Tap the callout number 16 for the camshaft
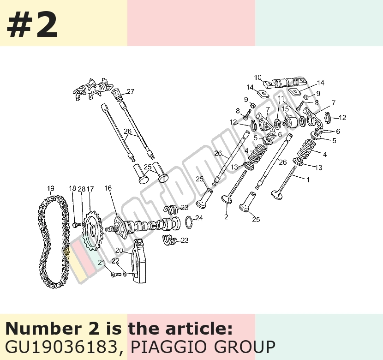(x=108, y=188)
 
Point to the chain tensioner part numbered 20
(x=140, y=261)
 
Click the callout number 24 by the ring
(x=199, y=217)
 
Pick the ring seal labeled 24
(x=189, y=222)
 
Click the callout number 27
(x=131, y=91)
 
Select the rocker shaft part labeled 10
(x=285, y=82)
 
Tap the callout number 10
(x=258, y=78)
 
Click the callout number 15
(x=285, y=108)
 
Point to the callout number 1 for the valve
(x=308, y=180)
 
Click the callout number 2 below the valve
(x=226, y=216)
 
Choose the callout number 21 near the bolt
(x=102, y=262)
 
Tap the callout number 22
(x=115, y=261)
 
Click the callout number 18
(x=72, y=188)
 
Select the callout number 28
(x=82, y=189)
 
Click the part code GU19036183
(x=63, y=346)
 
